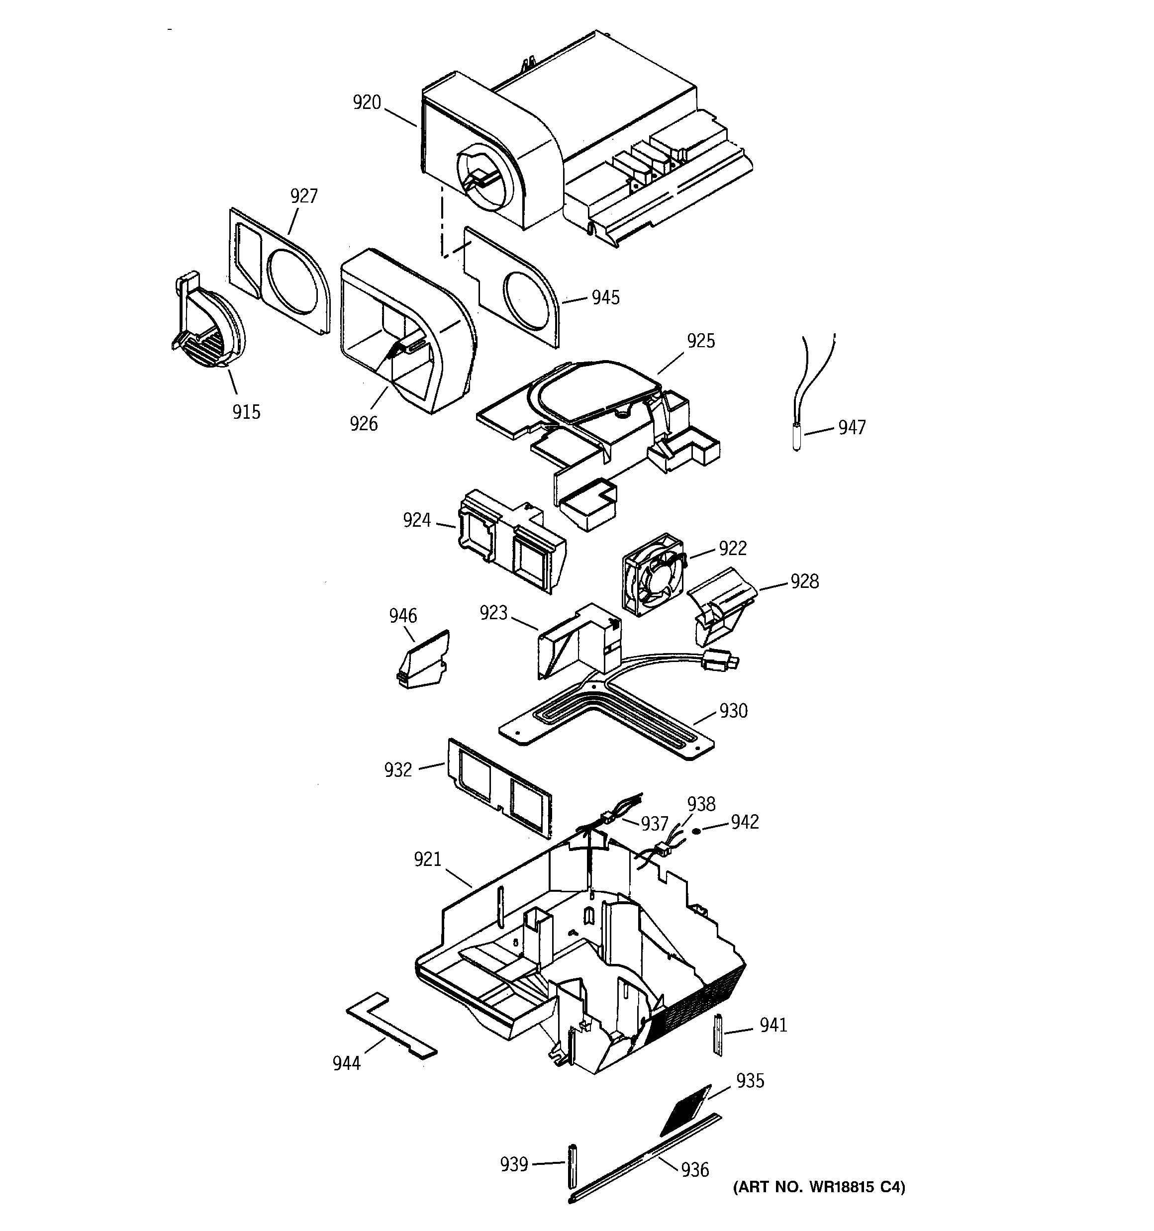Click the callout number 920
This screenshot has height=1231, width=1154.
[x=367, y=103]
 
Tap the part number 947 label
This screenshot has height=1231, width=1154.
[x=852, y=427]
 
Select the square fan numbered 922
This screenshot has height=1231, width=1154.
[x=652, y=574]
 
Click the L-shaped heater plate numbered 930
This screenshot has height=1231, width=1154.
[x=607, y=718]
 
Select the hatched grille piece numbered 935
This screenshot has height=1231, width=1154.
[x=686, y=1110]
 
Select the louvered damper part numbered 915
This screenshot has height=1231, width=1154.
[x=207, y=328]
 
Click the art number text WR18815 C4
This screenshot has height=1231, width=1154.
[x=819, y=1187]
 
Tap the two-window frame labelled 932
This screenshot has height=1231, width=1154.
[x=498, y=786]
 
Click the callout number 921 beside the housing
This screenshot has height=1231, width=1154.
[x=427, y=859]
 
